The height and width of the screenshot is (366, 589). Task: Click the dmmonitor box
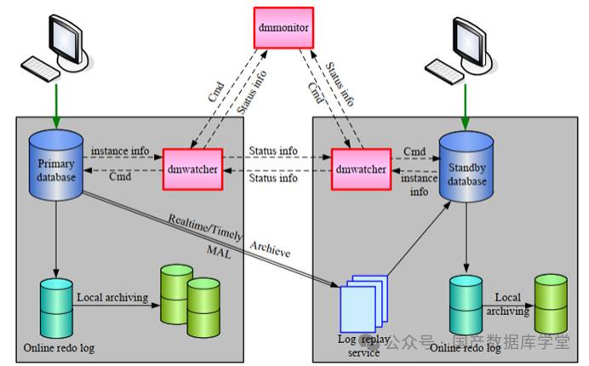[x=283, y=28]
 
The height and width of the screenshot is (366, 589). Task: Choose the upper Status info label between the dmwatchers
[x=273, y=151]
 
